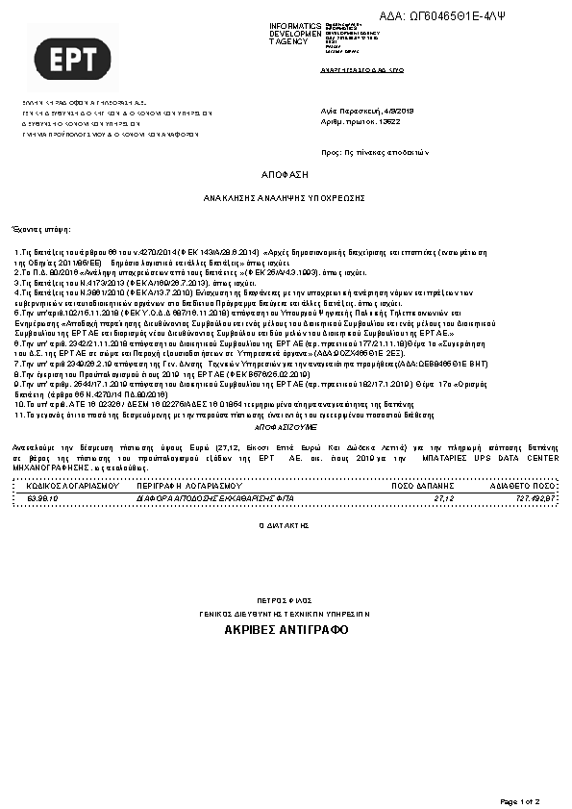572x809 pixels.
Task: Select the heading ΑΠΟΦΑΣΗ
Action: [285, 175]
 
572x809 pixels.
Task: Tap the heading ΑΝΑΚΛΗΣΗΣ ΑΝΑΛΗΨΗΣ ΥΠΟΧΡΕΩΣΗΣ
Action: [285, 196]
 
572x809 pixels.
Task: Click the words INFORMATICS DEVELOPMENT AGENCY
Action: [295, 34]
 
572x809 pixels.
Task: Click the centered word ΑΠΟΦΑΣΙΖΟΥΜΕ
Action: [285, 425]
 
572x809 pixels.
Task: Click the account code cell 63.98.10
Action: [42, 498]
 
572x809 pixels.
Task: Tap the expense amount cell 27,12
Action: [443, 498]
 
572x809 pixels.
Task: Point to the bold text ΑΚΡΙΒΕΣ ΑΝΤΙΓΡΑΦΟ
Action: [286, 630]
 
